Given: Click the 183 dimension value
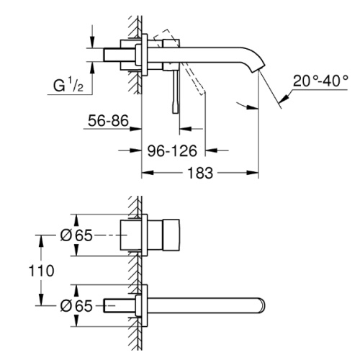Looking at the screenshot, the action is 200,173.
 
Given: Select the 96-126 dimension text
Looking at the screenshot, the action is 172,150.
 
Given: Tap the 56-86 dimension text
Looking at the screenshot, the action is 108,120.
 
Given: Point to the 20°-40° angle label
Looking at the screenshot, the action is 320,81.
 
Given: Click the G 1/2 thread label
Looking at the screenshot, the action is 68,85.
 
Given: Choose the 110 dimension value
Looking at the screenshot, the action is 41,271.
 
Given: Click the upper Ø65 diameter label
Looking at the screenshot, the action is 76,235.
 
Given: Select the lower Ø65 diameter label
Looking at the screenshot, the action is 76,306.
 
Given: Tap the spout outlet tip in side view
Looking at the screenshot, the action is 258,68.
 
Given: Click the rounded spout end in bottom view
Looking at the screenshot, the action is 262,305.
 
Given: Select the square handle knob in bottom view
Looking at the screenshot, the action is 171,235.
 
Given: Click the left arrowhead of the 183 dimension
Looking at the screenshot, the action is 148,173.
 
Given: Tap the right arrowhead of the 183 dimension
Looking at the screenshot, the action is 253,173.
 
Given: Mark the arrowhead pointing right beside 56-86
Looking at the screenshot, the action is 135,129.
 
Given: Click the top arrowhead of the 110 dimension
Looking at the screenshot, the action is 41,241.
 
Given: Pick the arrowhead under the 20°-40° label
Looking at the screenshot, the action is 285,98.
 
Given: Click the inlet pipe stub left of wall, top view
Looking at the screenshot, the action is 120,55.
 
